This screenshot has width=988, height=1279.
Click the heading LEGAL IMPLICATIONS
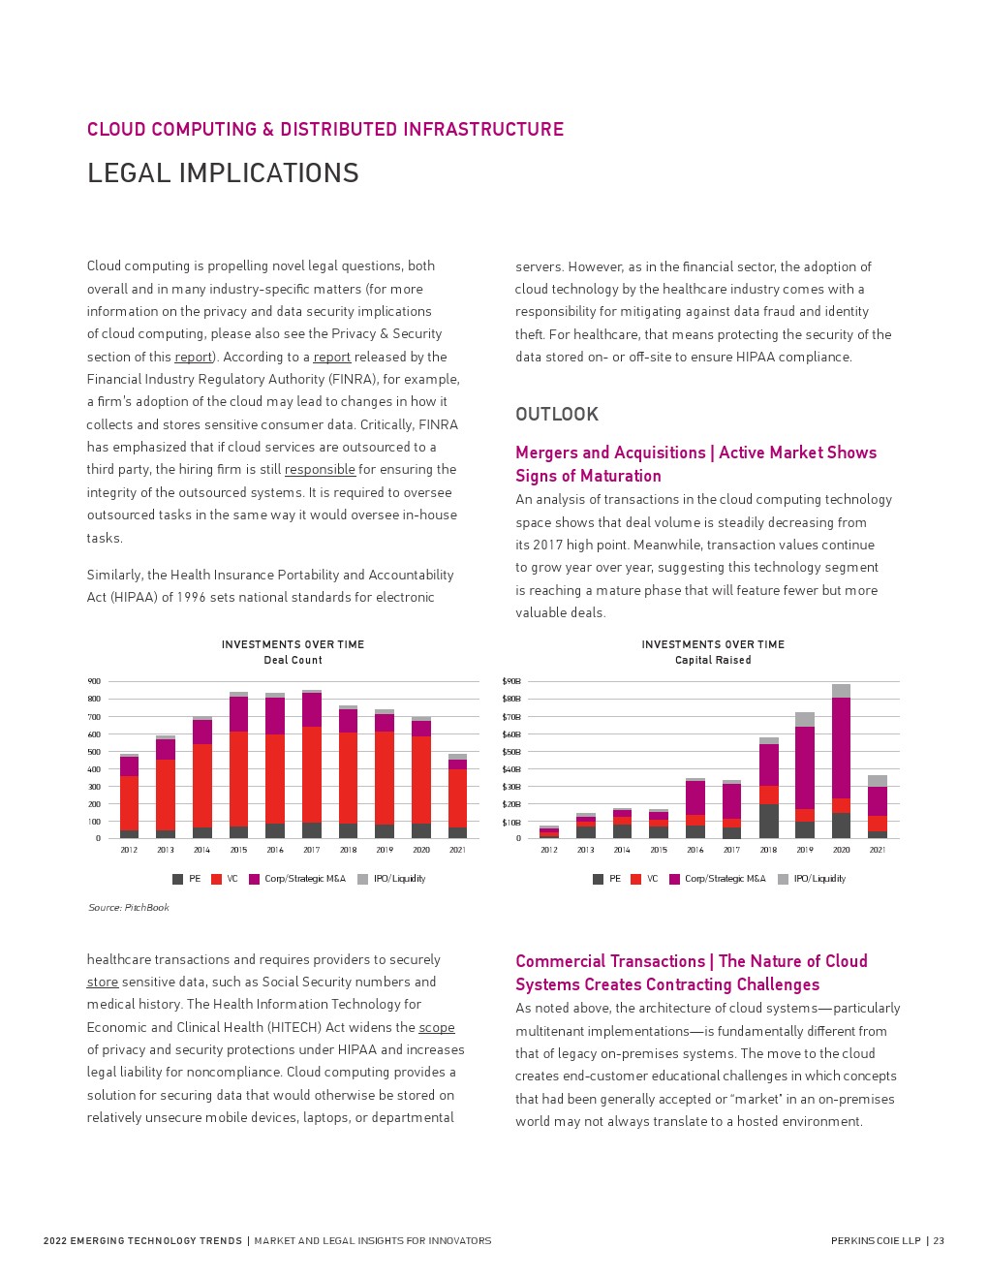coord(223,172)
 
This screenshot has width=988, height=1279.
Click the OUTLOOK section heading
coord(557,415)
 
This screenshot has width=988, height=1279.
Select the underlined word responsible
coord(320,469)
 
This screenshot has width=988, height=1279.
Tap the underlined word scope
coord(436,1027)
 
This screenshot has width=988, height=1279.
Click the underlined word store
coord(102,982)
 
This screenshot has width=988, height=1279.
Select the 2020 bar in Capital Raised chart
coord(841,762)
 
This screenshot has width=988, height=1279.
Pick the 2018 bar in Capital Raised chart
coord(768,789)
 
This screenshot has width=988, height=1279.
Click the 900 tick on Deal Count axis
coord(94,681)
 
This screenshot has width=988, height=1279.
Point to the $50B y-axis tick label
coord(511,752)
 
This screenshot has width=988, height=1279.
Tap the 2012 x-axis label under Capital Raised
coord(549,850)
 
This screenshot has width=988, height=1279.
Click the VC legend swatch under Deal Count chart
coord(217,879)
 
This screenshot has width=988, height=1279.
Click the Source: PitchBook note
coord(129,907)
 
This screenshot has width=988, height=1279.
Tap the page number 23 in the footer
coord(939,1240)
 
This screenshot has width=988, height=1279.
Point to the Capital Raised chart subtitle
coord(713,660)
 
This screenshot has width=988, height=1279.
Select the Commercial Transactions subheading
coord(691,973)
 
